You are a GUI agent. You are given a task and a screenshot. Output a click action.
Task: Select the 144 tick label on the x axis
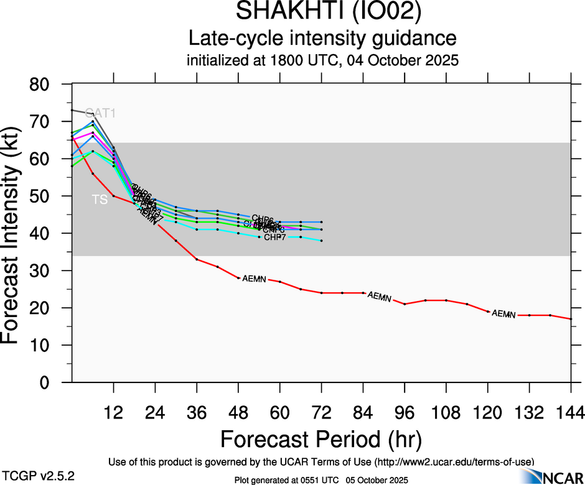(x=571, y=413)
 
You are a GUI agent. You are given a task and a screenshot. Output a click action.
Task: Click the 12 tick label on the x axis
(x=113, y=413)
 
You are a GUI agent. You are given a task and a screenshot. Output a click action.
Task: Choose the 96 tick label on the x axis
(x=405, y=413)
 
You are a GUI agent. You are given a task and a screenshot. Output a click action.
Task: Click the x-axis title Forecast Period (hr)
(x=321, y=439)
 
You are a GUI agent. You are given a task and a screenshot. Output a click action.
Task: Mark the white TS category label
(x=100, y=200)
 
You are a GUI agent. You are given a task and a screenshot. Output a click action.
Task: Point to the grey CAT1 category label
(x=100, y=113)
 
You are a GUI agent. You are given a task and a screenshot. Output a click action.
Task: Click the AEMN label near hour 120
(x=503, y=314)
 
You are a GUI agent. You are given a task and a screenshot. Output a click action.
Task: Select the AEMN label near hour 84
(x=379, y=297)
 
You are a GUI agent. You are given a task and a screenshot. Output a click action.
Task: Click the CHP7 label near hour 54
(x=274, y=237)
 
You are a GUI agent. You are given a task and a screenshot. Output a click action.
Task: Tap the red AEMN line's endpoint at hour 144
(x=571, y=319)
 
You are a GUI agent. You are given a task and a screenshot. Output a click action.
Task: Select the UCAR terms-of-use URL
(x=453, y=462)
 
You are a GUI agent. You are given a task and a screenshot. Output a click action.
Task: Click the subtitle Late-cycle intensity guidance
(x=322, y=39)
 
